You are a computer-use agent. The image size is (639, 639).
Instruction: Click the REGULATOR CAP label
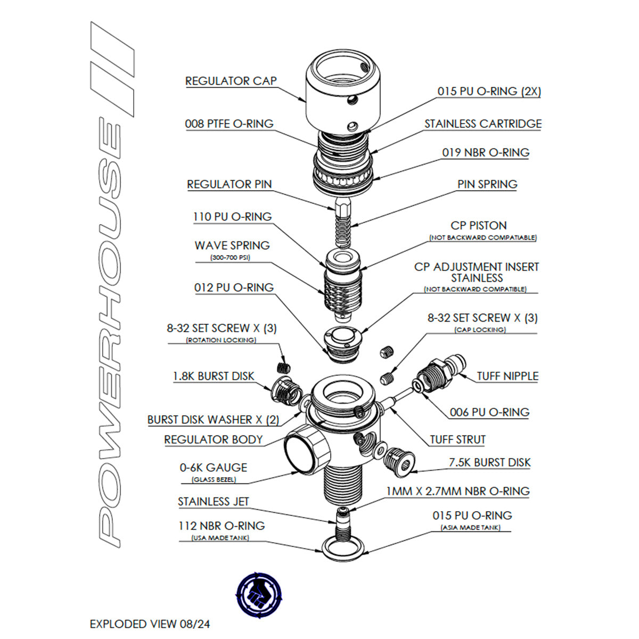click(231, 81)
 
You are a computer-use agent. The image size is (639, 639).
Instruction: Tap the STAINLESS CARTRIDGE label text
click(482, 124)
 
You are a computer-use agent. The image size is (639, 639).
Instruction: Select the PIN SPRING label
click(487, 185)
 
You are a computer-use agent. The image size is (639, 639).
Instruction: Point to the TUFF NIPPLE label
click(507, 376)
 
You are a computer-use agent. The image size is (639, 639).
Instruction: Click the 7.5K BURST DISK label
click(489, 463)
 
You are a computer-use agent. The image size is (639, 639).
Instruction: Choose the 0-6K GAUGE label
click(213, 468)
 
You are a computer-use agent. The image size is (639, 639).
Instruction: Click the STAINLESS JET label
click(213, 502)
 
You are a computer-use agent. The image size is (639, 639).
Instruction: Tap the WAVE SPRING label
click(232, 245)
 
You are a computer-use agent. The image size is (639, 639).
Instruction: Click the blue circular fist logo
click(258, 595)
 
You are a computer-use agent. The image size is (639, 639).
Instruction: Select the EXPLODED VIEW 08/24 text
click(150, 624)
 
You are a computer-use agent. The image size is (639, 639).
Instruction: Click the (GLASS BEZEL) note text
click(214, 480)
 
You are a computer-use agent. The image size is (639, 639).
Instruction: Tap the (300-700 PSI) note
click(230, 258)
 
